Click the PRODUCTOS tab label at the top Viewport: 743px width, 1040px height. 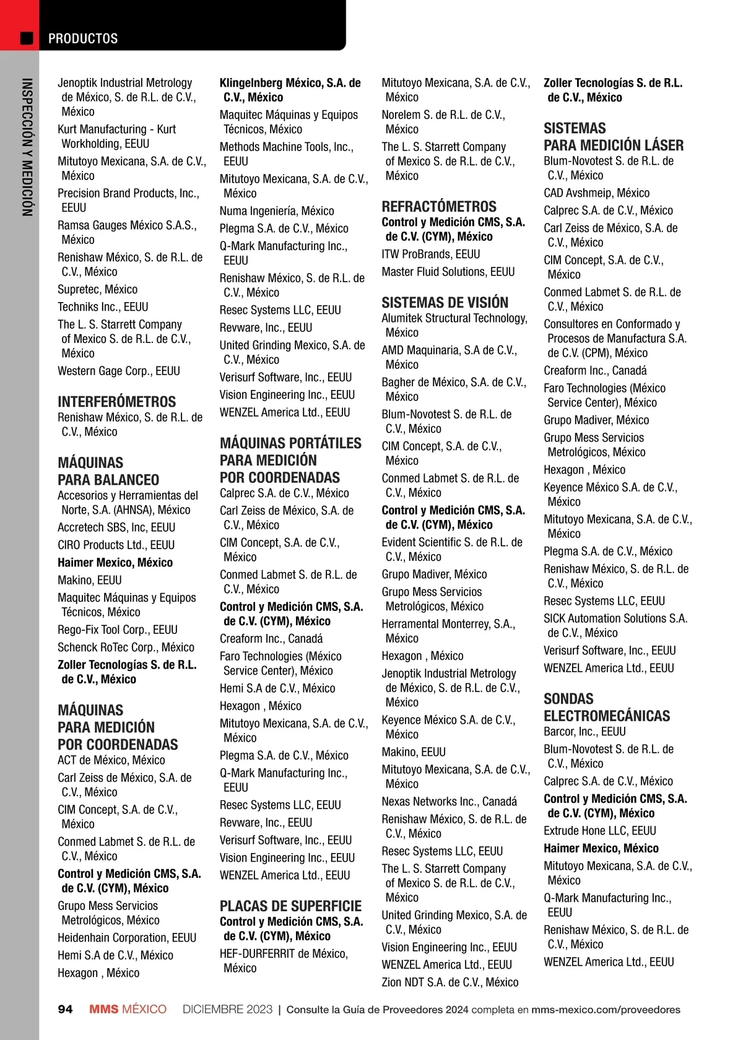pyautogui.click(x=83, y=38)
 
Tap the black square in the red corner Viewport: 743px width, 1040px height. pyautogui.click(x=27, y=38)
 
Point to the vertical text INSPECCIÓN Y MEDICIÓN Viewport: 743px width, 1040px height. pyautogui.click(x=27, y=147)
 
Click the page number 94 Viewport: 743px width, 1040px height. pyautogui.click(x=65, y=1009)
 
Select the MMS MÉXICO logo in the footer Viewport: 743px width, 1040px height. pyautogui.click(x=128, y=1009)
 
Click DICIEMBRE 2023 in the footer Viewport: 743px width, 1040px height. pyautogui.click(x=227, y=1009)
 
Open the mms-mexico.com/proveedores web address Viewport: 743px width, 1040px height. pyautogui.click(x=605, y=1010)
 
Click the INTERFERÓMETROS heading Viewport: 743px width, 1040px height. pyautogui.click(x=116, y=402)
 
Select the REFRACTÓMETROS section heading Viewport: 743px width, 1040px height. pyautogui.click(x=439, y=207)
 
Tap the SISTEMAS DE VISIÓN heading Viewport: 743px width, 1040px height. pyautogui.click(x=445, y=303)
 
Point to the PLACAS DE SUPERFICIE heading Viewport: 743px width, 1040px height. pyautogui.click(x=290, y=906)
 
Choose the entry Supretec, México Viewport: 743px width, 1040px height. pyautogui.click(x=98, y=289)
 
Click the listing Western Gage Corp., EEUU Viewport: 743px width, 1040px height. pyautogui.click(x=119, y=371)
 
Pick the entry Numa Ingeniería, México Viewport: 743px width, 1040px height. pyautogui.click(x=277, y=211)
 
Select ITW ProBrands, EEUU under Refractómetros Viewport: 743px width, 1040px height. pyautogui.click(x=431, y=254)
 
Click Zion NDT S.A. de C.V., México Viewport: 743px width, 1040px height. pyautogui.click(x=450, y=982)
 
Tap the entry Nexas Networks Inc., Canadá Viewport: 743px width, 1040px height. pyautogui.click(x=449, y=801)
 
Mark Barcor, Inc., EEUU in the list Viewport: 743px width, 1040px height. pyautogui.click(x=584, y=731)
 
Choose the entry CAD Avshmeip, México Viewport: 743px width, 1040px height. pyautogui.click(x=596, y=193)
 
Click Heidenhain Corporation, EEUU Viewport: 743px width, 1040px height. pyautogui.click(x=127, y=937)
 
